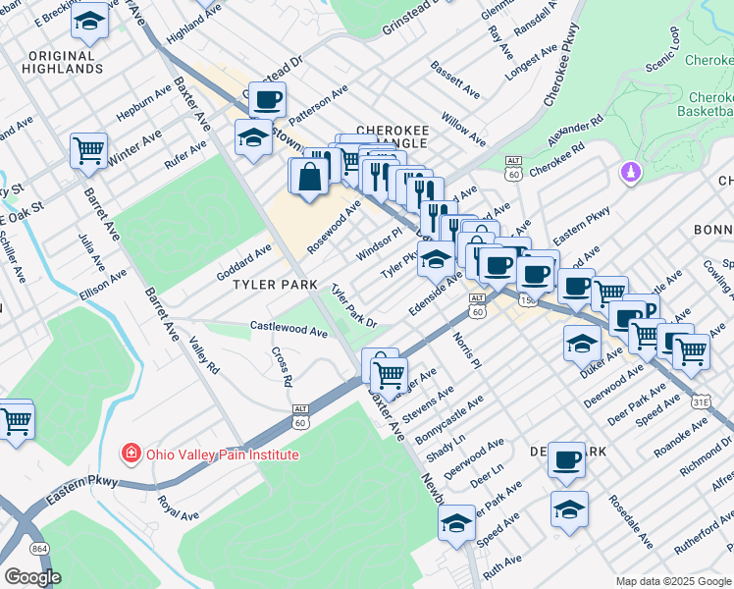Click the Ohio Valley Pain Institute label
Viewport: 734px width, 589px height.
click(x=222, y=455)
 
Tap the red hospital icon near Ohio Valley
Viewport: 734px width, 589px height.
click(x=130, y=454)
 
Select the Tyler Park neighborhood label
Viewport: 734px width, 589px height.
click(x=275, y=285)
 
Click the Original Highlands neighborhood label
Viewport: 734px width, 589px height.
click(x=66, y=62)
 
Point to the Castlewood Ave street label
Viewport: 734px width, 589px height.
click(x=288, y=331)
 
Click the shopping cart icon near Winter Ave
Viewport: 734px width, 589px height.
click(x=88, y=151)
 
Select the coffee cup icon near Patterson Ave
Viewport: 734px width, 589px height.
click(x=268, y=99)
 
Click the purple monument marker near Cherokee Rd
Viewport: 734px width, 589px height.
click(x=630, y=173)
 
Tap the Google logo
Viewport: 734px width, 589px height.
click(x=32, y=577)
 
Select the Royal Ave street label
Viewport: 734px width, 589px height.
click(x=178, y=508)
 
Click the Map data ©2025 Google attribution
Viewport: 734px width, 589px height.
click(x=671, y=581)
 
